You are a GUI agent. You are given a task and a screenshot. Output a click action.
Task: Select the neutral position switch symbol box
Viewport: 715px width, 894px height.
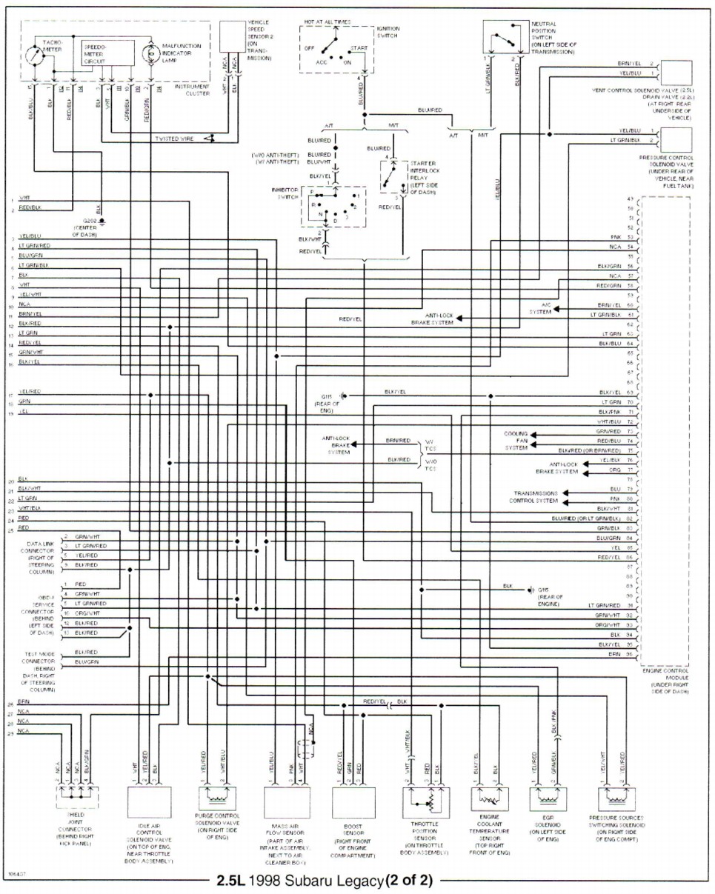[x=505, y=36]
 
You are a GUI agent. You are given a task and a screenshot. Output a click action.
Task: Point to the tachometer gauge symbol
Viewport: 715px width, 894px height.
[x=33, y=56]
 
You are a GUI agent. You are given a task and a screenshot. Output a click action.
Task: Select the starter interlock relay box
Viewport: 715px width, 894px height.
[x=393, y=176]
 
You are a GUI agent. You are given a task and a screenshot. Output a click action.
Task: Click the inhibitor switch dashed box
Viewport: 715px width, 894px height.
[x=333, y=206]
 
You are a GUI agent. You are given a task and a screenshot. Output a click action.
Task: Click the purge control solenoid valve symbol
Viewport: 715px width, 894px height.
[x=217, y=798]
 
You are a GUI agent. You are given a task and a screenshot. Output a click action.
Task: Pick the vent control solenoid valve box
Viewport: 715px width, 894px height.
[x=674, y=73]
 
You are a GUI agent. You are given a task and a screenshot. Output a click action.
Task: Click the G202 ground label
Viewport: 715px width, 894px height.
[x=90, y=221]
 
